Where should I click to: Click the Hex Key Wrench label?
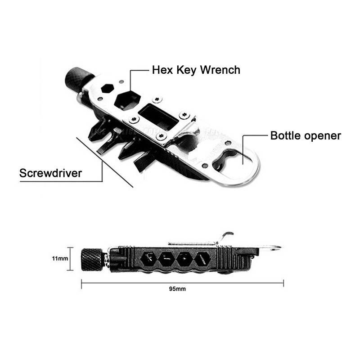point(196,70)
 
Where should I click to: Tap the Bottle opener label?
point(306,136)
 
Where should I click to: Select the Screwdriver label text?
point(50,173)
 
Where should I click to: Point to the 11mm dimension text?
point(60,258)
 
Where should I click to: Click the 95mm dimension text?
point(177,289)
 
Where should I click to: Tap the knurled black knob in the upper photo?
point(77,79)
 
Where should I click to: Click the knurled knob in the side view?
point(92,260)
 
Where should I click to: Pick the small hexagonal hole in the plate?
point(108,88)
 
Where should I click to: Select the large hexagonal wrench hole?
point(127,100)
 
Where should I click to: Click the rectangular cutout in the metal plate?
point(159,117)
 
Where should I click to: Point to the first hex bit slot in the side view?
point(148,259)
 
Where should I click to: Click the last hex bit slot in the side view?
point(203,259)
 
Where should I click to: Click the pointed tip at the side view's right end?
point(280,247)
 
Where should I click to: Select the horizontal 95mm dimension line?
point(183,283)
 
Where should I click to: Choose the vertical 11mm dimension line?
point(70,259)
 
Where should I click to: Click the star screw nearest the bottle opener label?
point(184,114)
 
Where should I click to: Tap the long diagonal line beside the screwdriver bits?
point(104,162)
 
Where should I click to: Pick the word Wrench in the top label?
point(220,70)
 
